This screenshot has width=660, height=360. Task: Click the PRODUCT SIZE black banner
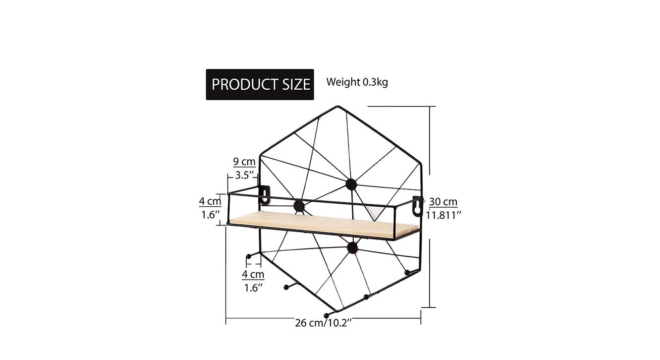[x=260, y=84]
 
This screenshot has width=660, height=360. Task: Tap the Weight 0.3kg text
[x=357, y=82]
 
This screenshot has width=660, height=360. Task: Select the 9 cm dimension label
[x=244, y=162]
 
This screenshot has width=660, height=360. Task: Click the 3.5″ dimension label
[x=245, y=175]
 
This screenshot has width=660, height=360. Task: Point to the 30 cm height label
[x=443, y=202]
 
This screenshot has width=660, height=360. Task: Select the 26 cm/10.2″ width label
[x=324, y=323]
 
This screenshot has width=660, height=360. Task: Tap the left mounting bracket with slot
[x=265, y=194]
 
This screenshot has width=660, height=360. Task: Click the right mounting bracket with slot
[x=417, y=206]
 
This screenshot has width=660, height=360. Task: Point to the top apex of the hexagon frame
[x=338, y=107]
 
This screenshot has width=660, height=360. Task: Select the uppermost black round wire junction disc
[x=351, y=184]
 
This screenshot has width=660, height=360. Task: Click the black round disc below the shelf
[x=352, y=247]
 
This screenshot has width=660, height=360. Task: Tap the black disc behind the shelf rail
[x=299, y=206]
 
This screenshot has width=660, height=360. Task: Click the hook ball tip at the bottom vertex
[x=326, y=316]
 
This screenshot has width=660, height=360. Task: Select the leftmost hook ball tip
[x=248, y=256]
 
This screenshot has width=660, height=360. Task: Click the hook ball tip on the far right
[x=407, y=272]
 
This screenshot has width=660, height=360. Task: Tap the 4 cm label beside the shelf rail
[x=210, y=201]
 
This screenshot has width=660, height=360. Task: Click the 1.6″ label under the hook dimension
[x=253, y=288]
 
